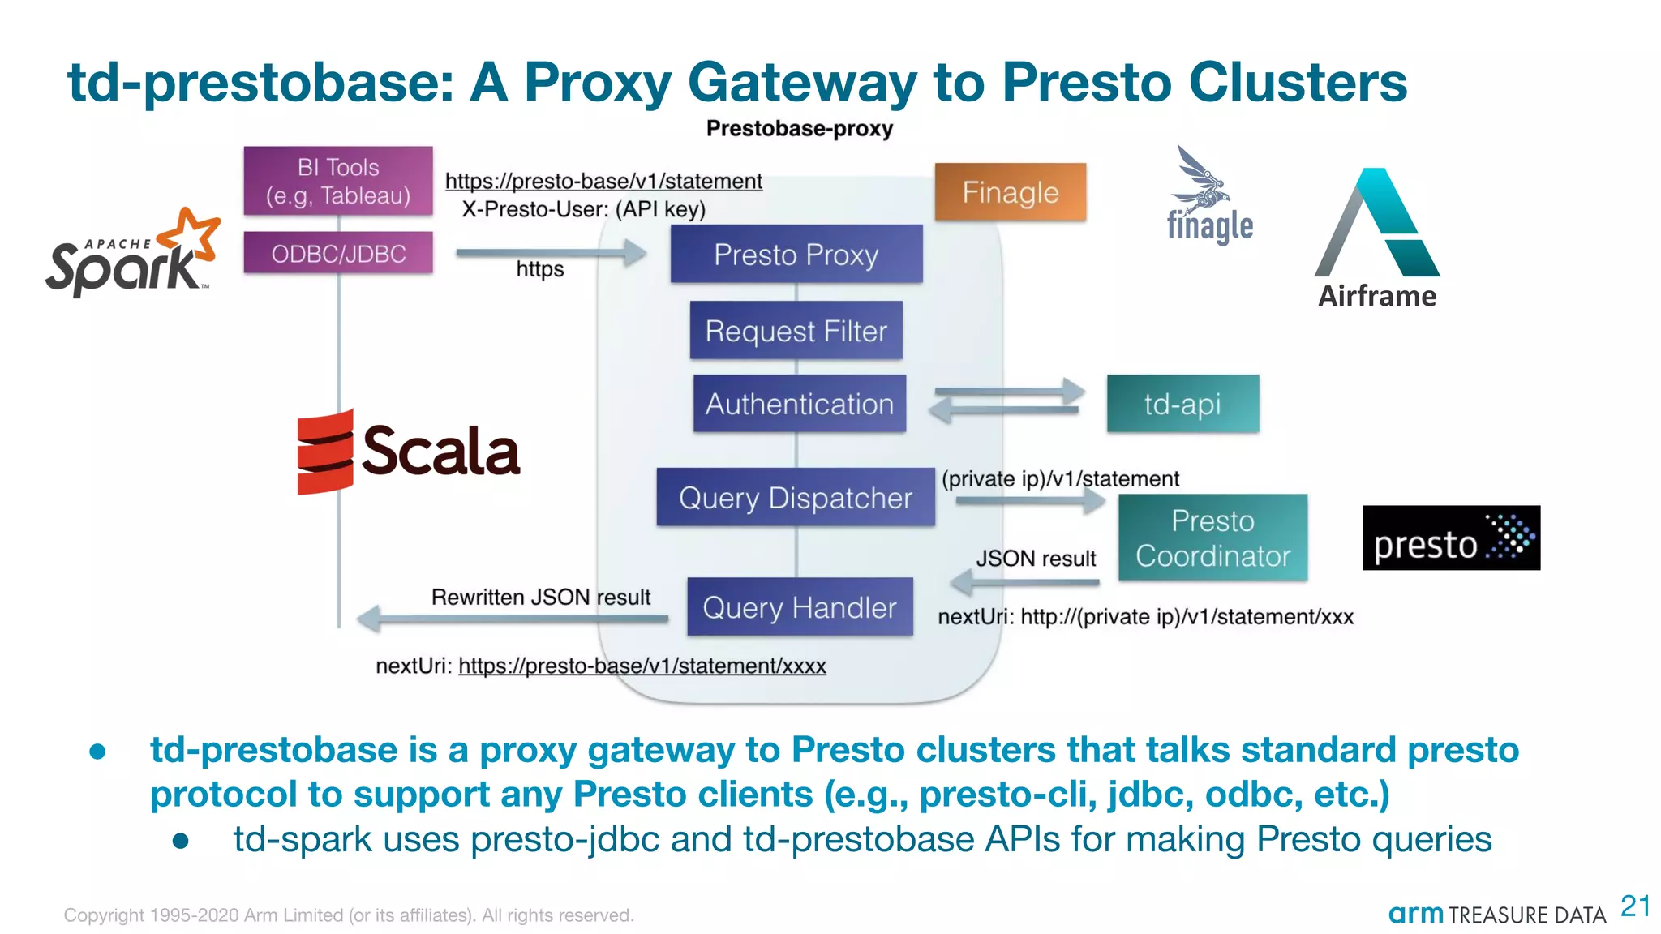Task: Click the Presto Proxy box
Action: (x=796, y=255)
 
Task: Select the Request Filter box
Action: (x=796, y=331)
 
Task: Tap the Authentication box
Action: (x=799, y=404)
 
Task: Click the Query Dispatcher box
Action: (x=795, y=497)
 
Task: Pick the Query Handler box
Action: (x=799, y=607)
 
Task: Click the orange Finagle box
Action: (x=1010, y=192)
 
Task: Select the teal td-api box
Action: (x=1182, y=404)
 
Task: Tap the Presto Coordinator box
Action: (x=1212, y=538)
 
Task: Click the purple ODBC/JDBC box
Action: (x=338, y=254)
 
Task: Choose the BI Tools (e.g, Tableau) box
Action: (x=338, y=181)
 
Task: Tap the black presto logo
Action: (x=1451, y=538)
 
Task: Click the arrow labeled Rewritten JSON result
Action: (x=511, y=619)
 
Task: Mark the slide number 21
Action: (x=1634, y=906)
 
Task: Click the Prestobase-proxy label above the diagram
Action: (x=799, y=129)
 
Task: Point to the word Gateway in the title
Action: (x=801, y=83)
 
